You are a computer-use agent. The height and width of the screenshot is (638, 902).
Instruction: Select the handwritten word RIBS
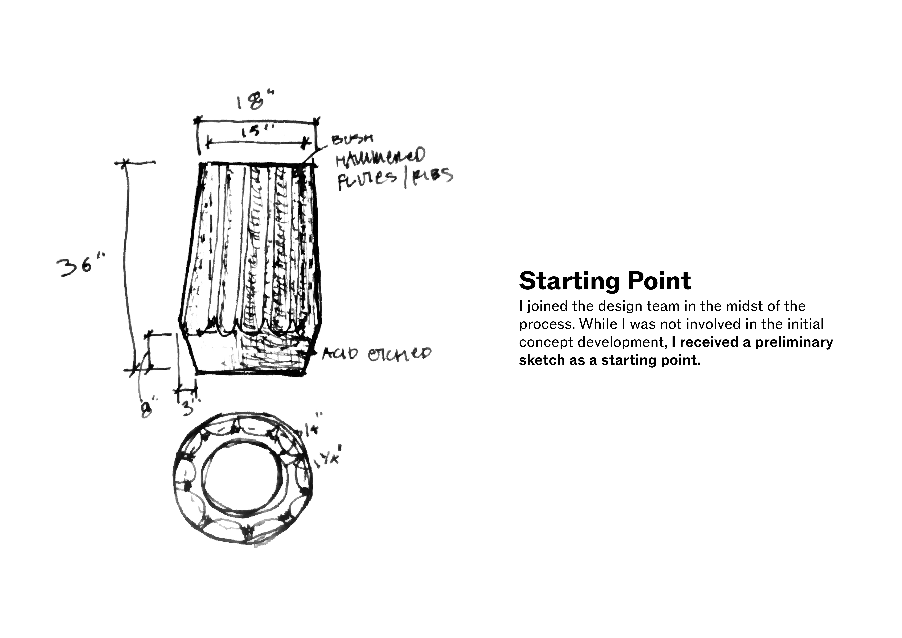431,176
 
